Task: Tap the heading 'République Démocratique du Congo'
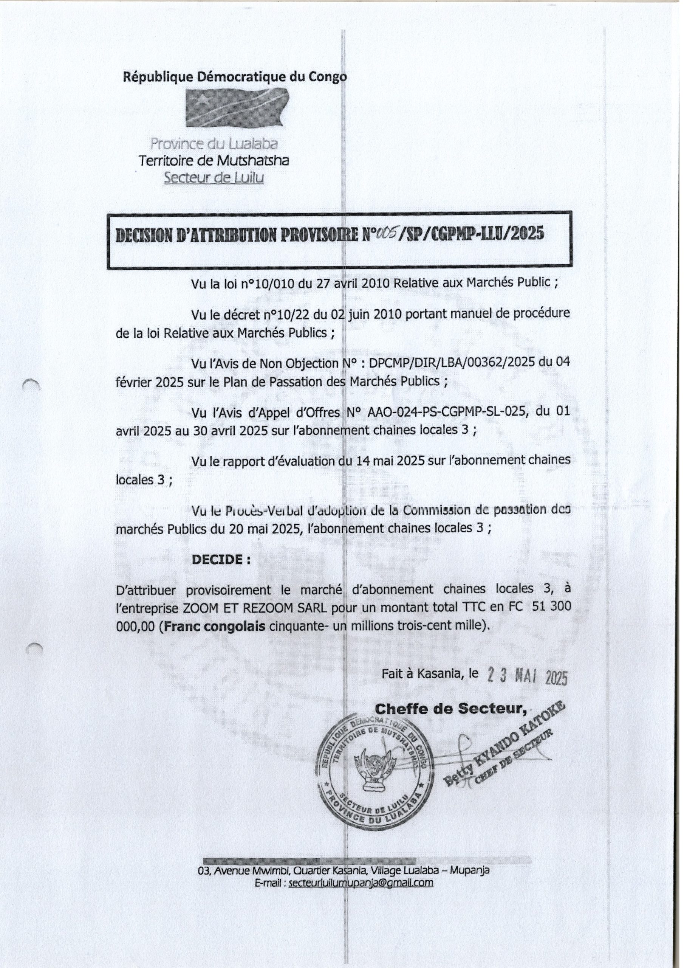[235, 77]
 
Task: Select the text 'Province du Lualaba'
[214, 144]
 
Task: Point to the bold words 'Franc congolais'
[215, 626]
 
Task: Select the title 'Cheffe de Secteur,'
[450, 709]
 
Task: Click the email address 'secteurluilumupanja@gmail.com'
[361, 883]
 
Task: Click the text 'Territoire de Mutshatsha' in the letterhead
[214, 161]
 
